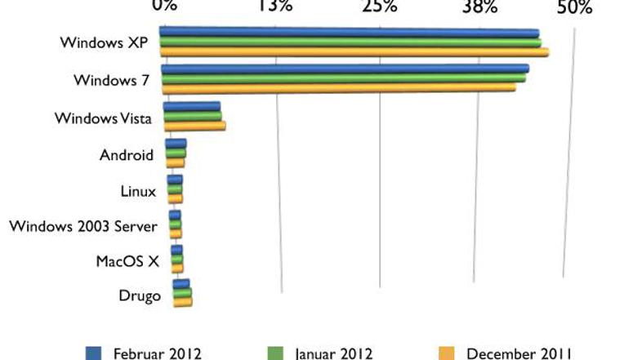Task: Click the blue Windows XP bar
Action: tap(350, 33)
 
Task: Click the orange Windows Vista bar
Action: tap(194, 126)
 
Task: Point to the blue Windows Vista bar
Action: tap(192, 106)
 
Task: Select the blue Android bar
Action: tap(176, 143)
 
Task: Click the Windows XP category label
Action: tap(104, 42)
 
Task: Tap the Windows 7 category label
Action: tap(110, 80)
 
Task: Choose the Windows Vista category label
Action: tap(103, 118)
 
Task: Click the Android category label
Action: tap(126, 155)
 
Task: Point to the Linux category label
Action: tap(137, 191)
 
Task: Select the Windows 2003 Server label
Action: tap(82, 225)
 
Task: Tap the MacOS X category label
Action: tap(127, 260)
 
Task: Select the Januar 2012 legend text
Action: tap(333, 353)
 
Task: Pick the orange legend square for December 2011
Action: tap(446, 353)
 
